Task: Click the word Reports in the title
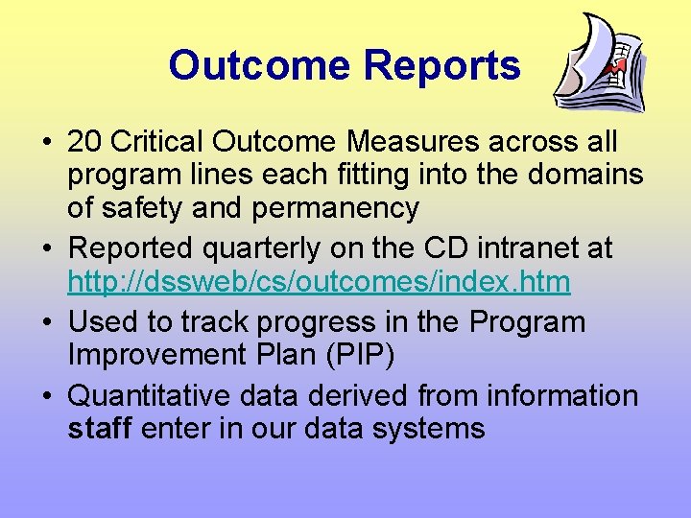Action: point(442,66)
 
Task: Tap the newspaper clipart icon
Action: point(602,64)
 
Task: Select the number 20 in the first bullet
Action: point(84,142)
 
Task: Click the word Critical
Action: point(156,142)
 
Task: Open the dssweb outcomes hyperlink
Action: point(319,282)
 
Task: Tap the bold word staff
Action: point(100,427)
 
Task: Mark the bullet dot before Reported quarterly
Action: point(46,249)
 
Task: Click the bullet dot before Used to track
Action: point(46,322)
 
